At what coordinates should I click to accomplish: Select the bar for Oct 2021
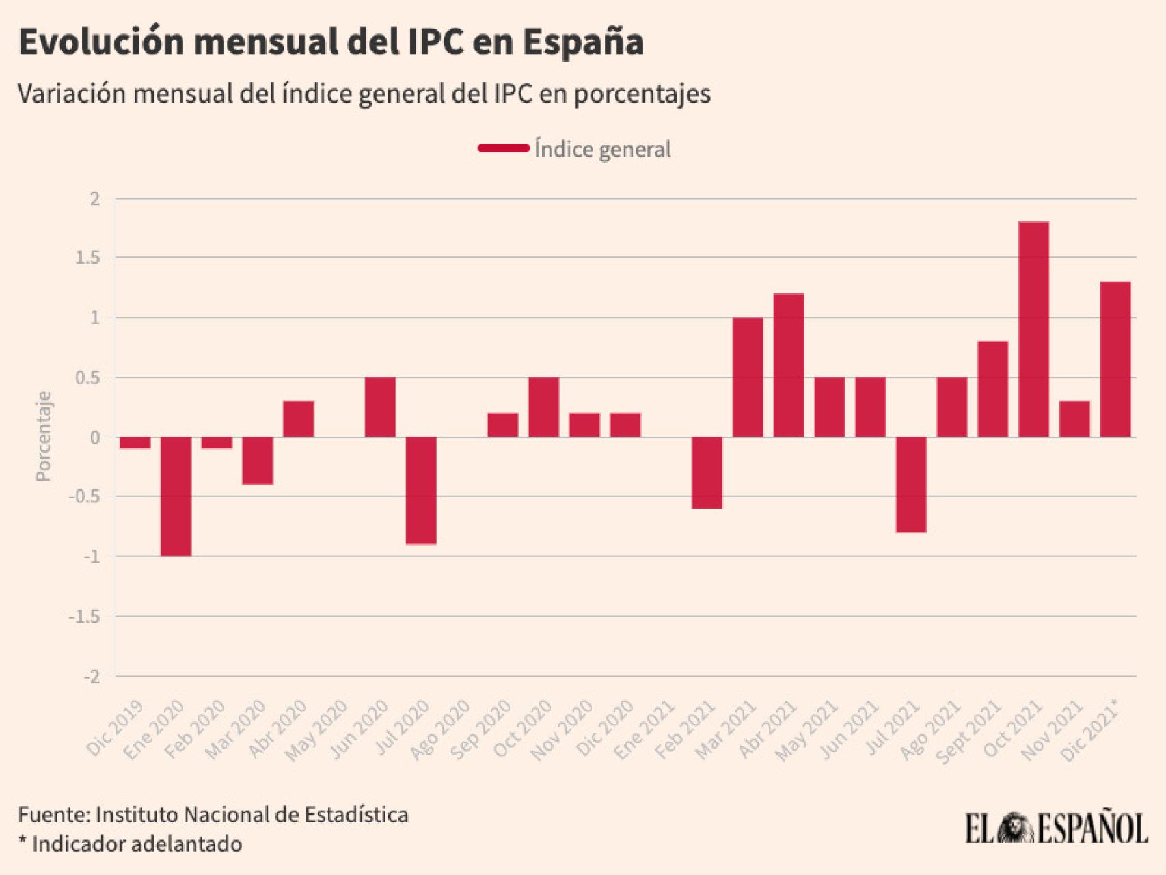(x=1033, y=329)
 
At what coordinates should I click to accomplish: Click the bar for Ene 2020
(x=176, y=496)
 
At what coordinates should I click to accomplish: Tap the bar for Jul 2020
(x=421, y=490)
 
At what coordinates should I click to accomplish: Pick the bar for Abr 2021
(x=789, y=365)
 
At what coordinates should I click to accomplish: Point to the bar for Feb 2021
(x=707, y=472)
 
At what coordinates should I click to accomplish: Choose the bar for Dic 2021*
(x=1115, y=360)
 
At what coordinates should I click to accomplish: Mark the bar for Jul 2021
(x=911, y=484)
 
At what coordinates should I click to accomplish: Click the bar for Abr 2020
(x=299, y=419)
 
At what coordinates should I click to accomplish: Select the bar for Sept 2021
(x=992, y=389)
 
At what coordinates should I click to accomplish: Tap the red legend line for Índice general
(x=504, y=148)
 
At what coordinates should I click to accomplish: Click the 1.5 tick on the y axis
(x=87, y=258)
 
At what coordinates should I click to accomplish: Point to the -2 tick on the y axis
(x=92, y=677)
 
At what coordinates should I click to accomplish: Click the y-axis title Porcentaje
(x=44, y=436)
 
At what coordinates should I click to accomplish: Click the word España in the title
(x=584, y=42)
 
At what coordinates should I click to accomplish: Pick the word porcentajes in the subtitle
(x=642, y=94)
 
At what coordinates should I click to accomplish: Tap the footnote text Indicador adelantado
(x=137, y=844)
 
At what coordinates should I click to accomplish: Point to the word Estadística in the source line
(x=356, y=815)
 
